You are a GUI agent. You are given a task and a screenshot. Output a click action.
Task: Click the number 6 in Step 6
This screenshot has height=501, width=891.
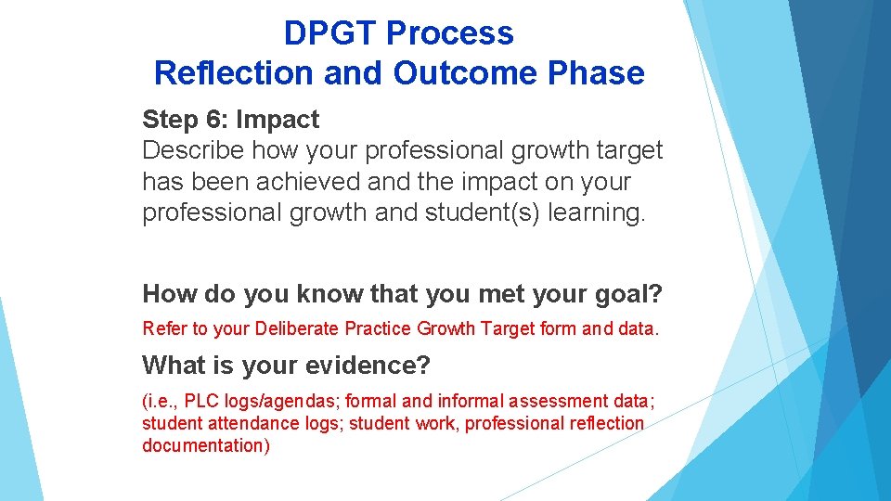coord(220,120)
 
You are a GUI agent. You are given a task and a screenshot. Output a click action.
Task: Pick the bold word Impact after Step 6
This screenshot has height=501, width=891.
coord(278,120)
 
